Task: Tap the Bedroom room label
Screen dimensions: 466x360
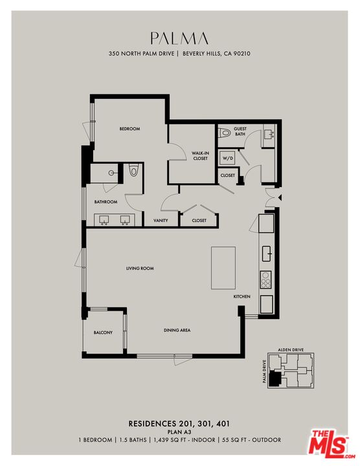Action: point(129,129)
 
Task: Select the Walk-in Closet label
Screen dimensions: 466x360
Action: point(199,156)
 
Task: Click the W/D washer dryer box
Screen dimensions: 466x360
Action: point(228,158)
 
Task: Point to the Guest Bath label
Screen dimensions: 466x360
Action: point(241,132)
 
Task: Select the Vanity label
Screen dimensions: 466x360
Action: point(161,221)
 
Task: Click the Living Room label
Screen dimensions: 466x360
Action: point(140,268)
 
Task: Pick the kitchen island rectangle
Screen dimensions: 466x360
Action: point(223,267)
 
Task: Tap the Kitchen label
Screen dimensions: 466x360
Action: point(242,296)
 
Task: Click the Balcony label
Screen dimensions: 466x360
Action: point(103,333)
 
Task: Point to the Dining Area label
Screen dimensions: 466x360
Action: point(177,331)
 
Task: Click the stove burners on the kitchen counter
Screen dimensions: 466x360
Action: point(265,280)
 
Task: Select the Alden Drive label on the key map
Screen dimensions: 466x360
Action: point(291,349)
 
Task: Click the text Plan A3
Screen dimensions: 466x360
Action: point(179,432)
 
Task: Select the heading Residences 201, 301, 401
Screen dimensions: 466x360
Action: point(179,423)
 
